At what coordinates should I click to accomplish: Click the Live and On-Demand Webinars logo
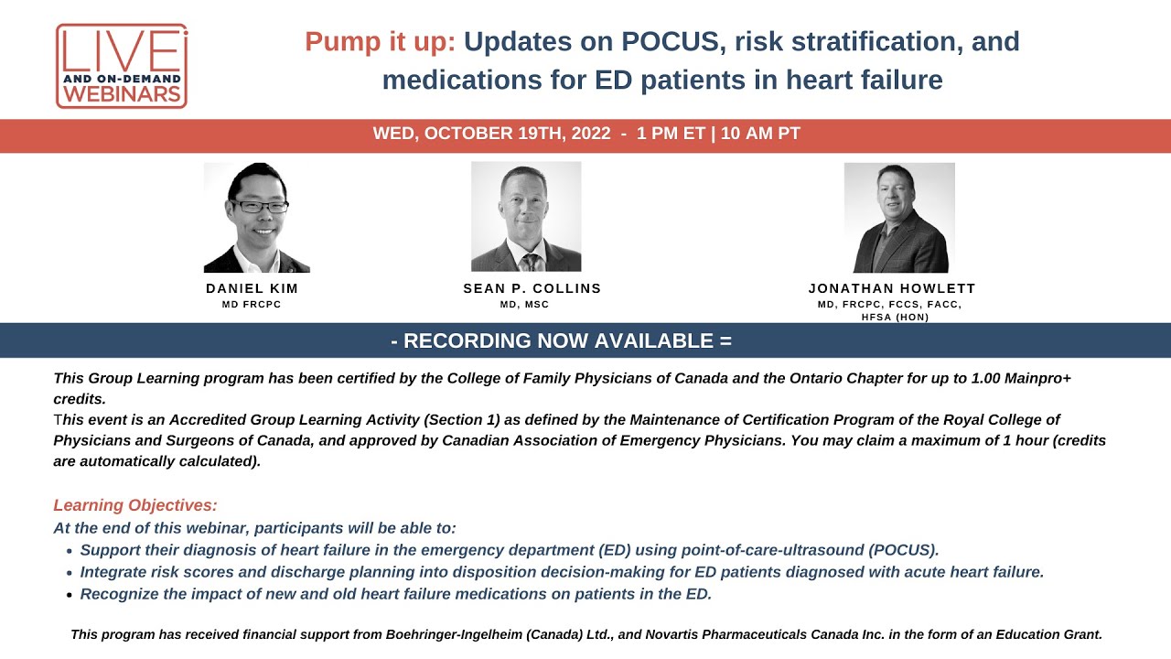(x=122, y=66)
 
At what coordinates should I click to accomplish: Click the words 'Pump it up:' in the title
(x=380, y=41)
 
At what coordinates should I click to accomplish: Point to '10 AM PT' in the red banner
(x=760, y=134)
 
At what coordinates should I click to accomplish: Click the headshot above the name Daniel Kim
(x=256, y=218)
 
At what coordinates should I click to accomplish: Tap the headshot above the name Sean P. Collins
(x=526, y=217)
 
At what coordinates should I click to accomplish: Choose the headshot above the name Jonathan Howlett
(x=899, y=218)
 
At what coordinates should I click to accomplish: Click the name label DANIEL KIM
(x=252, y=288)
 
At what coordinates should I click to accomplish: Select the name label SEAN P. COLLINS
(x=532, y=288)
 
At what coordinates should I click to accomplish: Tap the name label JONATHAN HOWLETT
(x=892, y=288)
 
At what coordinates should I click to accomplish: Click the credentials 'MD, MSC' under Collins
(x=524, y=304)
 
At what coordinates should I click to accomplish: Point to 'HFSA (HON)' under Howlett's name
(x=891, y=317)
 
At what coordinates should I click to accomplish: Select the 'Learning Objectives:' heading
(x=135, y=505)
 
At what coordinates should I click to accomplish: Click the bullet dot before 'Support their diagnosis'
(x=69, y=551)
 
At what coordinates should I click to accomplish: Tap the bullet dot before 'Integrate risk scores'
(x=69, y=573)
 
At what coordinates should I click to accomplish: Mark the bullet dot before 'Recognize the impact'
(x=69, y=595)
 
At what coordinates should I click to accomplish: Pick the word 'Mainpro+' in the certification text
(x=1037, y=377)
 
